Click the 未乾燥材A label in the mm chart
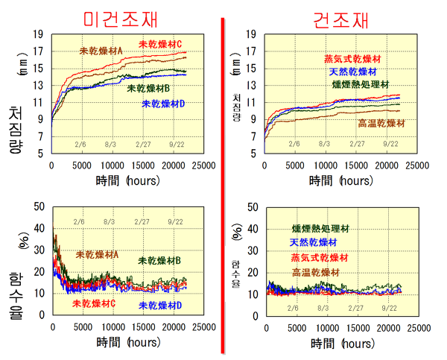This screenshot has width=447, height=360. click(101, 51)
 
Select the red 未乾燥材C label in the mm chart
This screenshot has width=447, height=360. click(160, 44)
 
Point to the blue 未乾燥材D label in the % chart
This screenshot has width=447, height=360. click(162, 306)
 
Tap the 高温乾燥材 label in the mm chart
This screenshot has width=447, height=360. click(381, 123)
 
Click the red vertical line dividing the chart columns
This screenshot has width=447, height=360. click(222, 186)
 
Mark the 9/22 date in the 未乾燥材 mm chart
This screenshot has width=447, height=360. click(176, 142)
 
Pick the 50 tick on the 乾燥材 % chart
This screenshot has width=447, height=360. click(253, 207)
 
